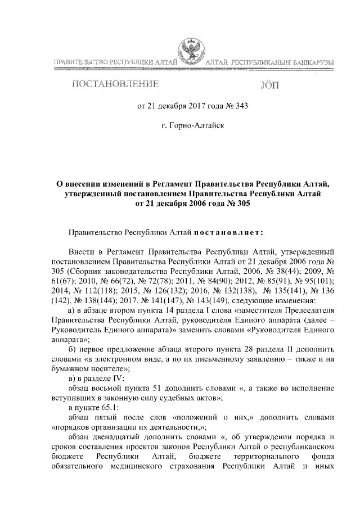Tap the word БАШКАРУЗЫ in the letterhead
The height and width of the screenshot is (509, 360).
[x=312, y=61]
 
